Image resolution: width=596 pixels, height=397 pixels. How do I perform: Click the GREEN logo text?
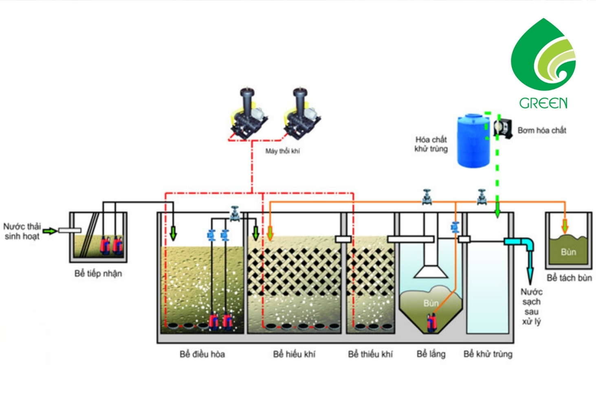543,103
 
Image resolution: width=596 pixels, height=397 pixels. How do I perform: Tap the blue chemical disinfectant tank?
473,140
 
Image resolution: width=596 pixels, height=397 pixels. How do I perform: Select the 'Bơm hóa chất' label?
542,130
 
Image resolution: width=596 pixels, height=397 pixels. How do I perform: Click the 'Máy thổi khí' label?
283,151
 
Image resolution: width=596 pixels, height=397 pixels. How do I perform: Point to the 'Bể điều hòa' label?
202,354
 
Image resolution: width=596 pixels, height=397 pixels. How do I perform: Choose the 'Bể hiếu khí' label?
294,354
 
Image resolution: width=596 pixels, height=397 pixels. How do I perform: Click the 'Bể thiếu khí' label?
370,354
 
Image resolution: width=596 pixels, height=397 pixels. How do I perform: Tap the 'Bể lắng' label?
431,354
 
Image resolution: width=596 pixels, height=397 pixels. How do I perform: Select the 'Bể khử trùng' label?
488,354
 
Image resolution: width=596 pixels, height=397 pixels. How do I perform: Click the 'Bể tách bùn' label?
569,278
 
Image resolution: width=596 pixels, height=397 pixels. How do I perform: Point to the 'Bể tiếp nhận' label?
98,274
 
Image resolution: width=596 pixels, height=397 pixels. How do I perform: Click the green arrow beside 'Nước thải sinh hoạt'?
50,231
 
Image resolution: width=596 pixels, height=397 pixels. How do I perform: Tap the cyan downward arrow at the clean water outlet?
530,273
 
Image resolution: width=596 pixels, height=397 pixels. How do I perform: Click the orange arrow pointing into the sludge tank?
565,225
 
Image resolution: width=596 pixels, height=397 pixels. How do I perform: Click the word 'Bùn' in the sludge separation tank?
568,252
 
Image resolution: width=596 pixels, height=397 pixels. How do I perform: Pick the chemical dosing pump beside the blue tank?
503,128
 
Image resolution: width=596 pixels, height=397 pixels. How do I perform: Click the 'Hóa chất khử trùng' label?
431,144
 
